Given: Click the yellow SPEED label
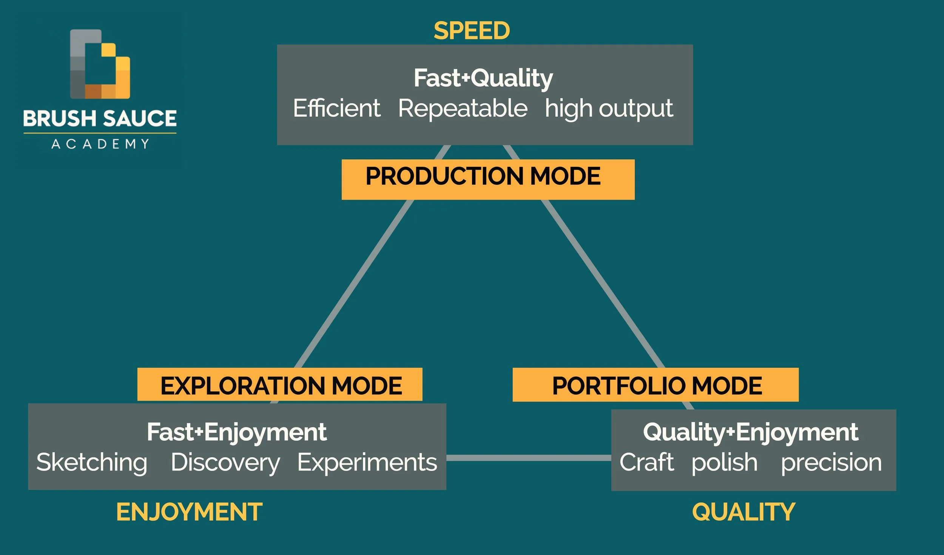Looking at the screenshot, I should tap(472, 31).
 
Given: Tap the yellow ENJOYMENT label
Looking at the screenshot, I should tap(189, 512).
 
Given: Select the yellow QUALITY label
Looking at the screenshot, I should tap(743, 512).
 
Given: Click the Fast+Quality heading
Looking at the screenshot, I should tap(483, 78).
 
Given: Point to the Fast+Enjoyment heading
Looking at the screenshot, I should tap(237, 432).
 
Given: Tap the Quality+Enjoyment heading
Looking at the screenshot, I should tap(751, 432).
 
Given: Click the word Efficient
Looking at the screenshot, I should tap(337, 108).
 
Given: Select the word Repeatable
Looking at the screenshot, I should tap(463, 108).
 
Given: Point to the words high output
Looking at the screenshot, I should tap(609, 109).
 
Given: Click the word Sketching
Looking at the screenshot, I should tap(92, 463).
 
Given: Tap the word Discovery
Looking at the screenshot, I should tap(225, 463).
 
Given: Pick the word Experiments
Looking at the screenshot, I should tap(367, 463).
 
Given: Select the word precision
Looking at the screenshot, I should tap(831, 463).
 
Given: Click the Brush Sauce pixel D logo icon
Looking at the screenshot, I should tap(100, 64).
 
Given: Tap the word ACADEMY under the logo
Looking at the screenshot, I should tap(100, 144).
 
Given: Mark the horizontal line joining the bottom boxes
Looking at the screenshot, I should tap(529, 458).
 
